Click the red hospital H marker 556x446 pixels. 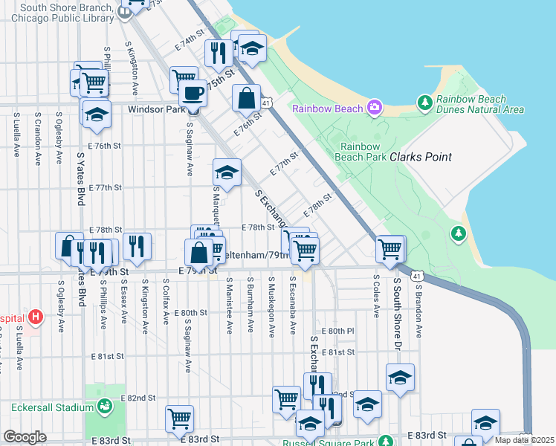point(34,318)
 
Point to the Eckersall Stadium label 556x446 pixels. point(51,407)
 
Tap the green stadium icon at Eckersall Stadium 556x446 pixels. point(106,406)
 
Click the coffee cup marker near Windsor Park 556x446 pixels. point(193,94)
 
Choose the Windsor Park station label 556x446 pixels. point(155,109)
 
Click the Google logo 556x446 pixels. point(25,437)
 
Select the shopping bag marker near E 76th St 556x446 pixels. point(246,98)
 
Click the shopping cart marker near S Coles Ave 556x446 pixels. point(390,249)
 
